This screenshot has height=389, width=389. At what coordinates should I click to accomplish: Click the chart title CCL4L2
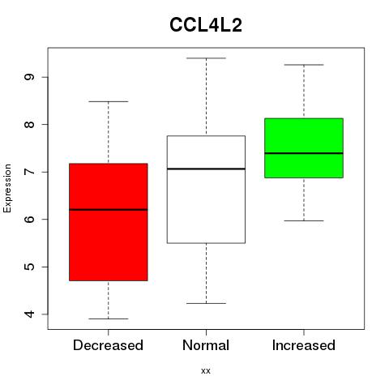pyautogui.click(x=206, y=25)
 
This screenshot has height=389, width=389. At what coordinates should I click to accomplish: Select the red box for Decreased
pyautogui.click(x=109, y=222)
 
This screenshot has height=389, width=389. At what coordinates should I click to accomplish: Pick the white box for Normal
pyautogui.click(x=206, y=190)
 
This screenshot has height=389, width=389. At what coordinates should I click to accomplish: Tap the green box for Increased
pyautogui.click(x=304, y=148)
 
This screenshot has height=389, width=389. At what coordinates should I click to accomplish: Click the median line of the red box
pyautogui.click(x=109, y=209)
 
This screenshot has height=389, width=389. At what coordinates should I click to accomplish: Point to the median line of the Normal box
pyautogui.click(x=206, y=169)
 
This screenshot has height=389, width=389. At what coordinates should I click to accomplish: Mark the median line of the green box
pyautogui.click(x=304, y=153)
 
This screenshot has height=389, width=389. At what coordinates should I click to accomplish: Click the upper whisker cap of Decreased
pyautogui.click(x=109, y=101)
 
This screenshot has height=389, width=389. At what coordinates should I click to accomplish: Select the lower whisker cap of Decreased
pyautogui.click(x=109, y=318)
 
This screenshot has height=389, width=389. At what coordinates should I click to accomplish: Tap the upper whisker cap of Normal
pyautogui.click(x=206, y=58)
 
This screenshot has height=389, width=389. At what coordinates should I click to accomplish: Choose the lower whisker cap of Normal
pyautogui.click(x=206, y=303)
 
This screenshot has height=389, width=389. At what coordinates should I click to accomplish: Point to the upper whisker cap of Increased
pyautogui.click(x=304, y=65)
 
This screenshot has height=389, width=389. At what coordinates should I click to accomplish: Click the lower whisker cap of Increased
pyautogui.click(x=304, y=220)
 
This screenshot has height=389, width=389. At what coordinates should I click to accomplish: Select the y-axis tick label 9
pyautogui.click(x=29, y=77)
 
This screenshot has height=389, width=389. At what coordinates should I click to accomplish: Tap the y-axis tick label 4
pyautogui.click(x=29, y=314)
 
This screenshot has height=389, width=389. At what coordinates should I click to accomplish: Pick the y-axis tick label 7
pyautogui.click(x=29, y=172)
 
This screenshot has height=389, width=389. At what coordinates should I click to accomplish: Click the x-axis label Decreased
pyautogui.click(x=108, y=345)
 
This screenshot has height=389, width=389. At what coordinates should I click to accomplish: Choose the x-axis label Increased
pyautogui.click(x=304, y=345)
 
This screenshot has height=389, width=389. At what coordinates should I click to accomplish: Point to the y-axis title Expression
pyautogui.click(x=7, y=188)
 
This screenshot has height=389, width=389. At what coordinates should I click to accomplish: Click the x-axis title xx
pyautogui.click(x=206, y=371)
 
